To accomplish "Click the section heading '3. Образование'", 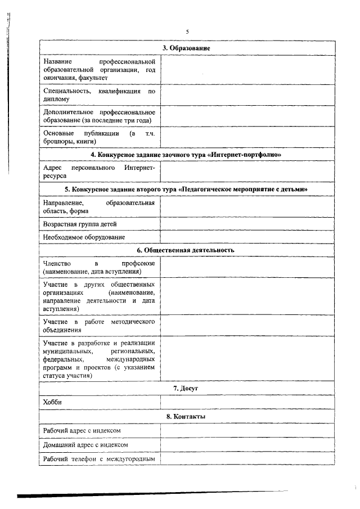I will point(186,48).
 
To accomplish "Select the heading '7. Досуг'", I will point(186,389).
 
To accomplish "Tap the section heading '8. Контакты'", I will point(186,417).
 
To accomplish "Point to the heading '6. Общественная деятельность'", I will point(186,250).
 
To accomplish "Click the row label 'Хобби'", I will point(52,403).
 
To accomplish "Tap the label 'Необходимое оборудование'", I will point(84,237).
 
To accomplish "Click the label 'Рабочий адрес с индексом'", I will point(82,431).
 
